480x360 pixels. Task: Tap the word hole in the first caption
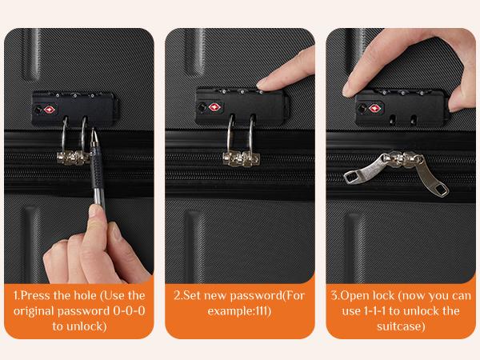79,295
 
